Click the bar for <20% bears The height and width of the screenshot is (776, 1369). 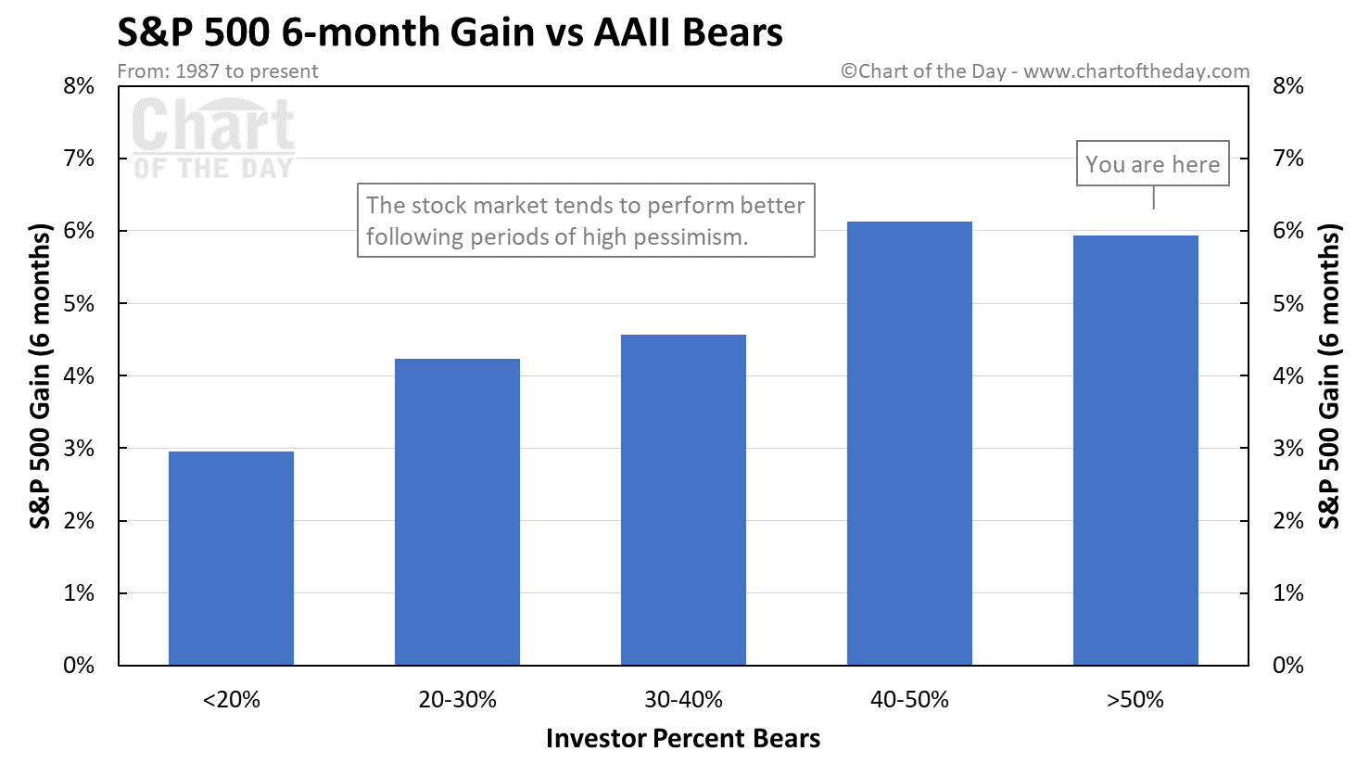(231, 558)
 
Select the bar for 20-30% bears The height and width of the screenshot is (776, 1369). (457, 512)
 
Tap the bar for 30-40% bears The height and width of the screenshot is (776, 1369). (683, 500)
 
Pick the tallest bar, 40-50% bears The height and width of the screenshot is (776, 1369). (909, 443)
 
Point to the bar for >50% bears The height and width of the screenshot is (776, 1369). (1135, 451)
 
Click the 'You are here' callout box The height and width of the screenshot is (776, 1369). (1152, 164)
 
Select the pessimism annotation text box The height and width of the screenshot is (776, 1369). (586, 220)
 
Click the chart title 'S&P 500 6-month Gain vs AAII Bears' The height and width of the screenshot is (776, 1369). (450, 32)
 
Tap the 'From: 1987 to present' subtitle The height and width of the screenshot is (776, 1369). (218, 71)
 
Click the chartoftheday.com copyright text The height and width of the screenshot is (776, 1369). (1045, 71)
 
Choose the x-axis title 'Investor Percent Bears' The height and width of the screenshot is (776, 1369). (683, 739)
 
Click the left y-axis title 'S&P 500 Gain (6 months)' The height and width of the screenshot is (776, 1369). (41, 376)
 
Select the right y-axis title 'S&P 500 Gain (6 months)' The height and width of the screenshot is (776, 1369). (1330, 376)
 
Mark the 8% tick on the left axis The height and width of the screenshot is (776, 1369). (80, 86)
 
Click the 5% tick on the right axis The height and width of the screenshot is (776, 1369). (1288, 304)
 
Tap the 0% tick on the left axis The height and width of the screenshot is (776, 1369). (80, 666)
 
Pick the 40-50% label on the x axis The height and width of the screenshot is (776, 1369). (909, 700)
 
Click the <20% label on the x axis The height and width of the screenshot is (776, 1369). (231, 700)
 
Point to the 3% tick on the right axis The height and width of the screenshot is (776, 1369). (1288, 449)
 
